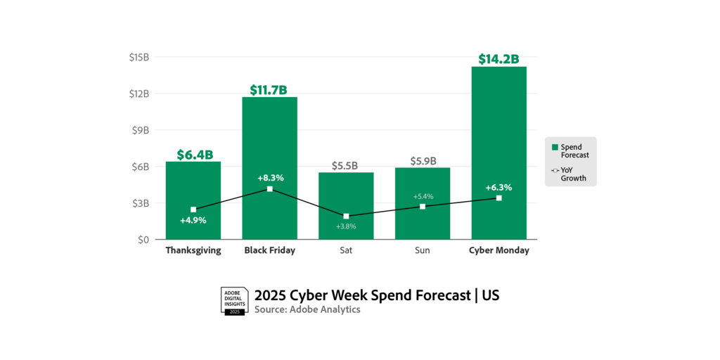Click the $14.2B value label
click(499, 59)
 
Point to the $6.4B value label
click(193, 155)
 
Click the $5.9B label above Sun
click(423, 160)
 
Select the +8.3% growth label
click(270, 178)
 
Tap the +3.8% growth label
click(346, 226)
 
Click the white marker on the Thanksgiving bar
click(193, 210)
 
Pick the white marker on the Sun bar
click(423, 207)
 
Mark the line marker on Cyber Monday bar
click(499, 198)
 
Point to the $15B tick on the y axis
click(139, 57)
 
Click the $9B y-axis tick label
click(141, 130)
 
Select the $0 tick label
click(143, 240)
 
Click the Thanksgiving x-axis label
click(193, 250)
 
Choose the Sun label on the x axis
click(423, 250)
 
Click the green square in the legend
click(555, 147)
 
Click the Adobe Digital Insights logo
click(234, 301)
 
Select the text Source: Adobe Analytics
click(307, 309)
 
